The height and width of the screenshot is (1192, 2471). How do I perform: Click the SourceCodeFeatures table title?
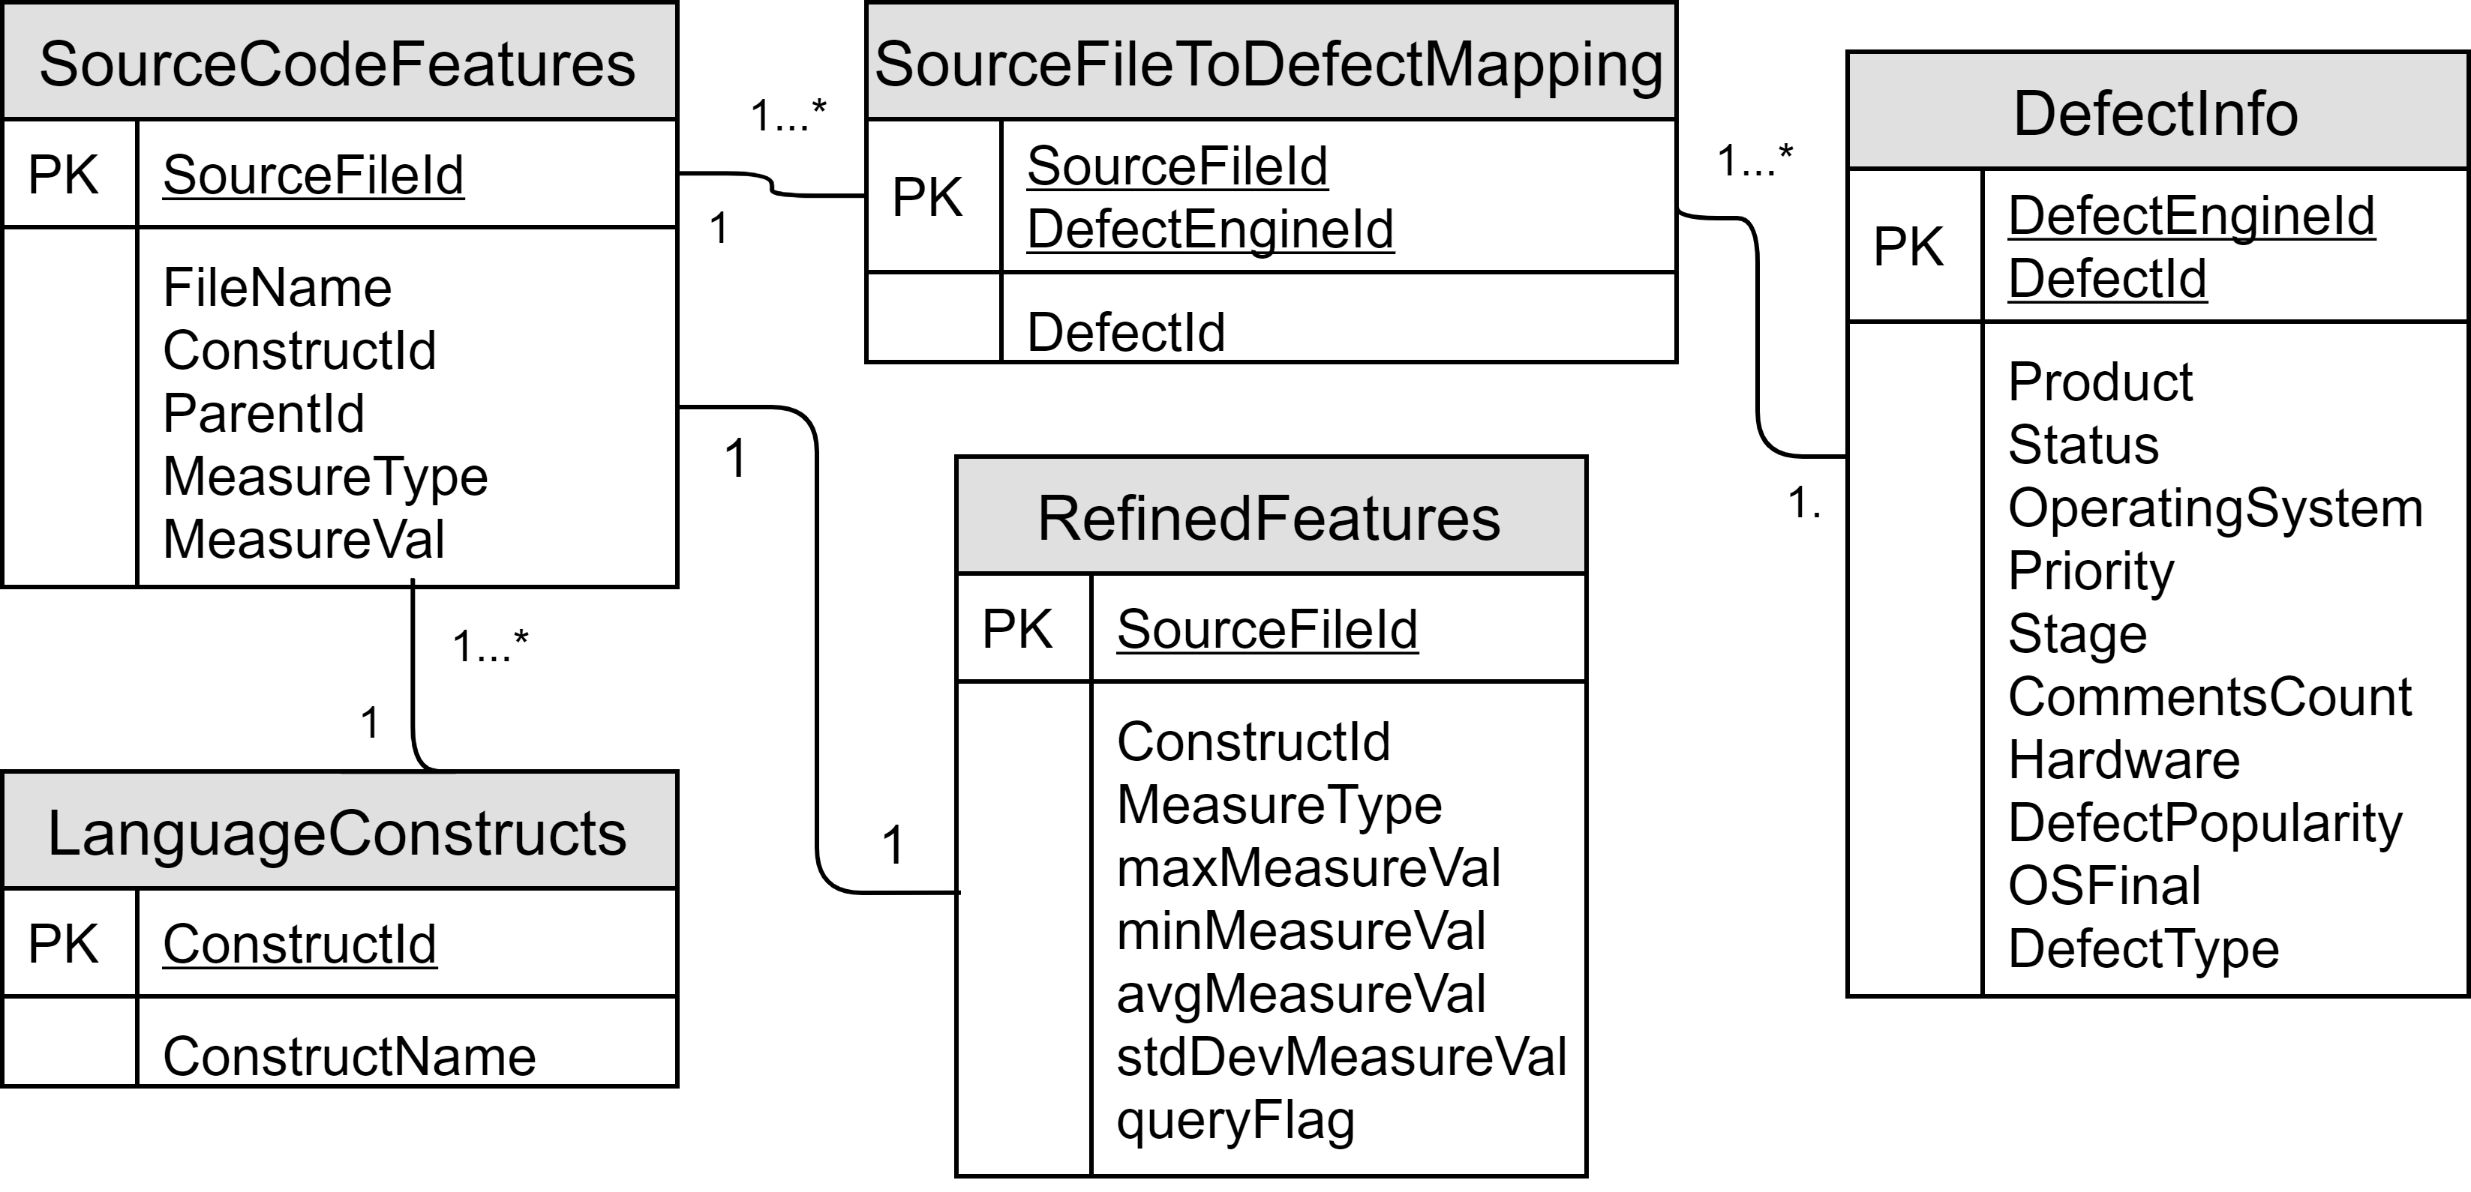(x=337, y=64)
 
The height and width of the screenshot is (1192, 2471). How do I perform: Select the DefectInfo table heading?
(x=2154, y=113)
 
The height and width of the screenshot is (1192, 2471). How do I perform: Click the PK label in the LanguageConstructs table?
(x=63, y=944)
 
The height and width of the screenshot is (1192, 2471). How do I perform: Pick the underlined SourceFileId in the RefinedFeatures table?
(x=1266, y=630)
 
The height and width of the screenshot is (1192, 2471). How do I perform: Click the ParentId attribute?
(x=264, y=413)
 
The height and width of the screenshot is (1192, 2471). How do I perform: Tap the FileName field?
(x=278, y=288)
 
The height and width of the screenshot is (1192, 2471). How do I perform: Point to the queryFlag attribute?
(x=1235, y=1119)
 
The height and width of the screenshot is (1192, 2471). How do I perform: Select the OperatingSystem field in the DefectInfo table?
(x=2215, y=508)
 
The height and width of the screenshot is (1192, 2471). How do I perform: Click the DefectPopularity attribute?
(x=2205, y=823)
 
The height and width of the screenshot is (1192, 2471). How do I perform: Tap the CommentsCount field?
(x=2209, y=697)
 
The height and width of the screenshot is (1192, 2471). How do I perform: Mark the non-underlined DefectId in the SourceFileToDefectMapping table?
(x=1125, y=332)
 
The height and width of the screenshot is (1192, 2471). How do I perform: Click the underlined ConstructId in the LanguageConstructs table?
(x=299, y=944)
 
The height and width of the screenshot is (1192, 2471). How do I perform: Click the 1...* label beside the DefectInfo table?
(x=1754, y=160)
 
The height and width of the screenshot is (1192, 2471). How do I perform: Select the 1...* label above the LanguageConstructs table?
(x=489, y=646)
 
